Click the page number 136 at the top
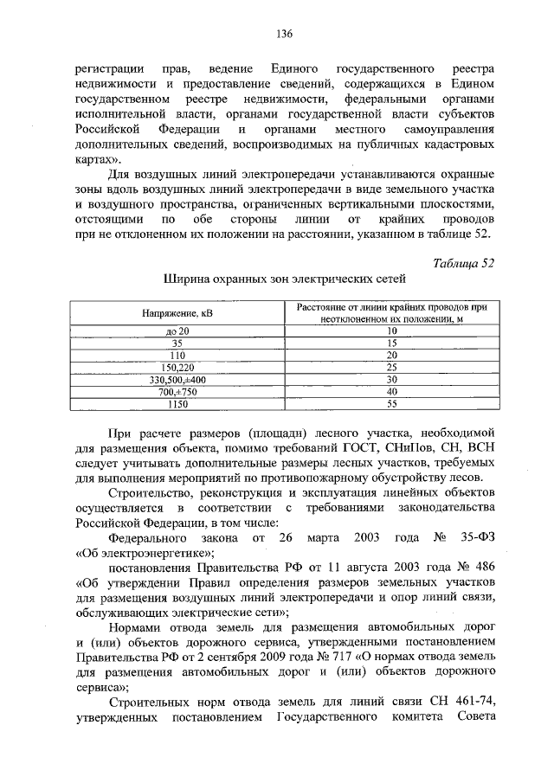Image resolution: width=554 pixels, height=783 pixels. tap(283, 34)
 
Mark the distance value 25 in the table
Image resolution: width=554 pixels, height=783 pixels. tap(390, 367)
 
